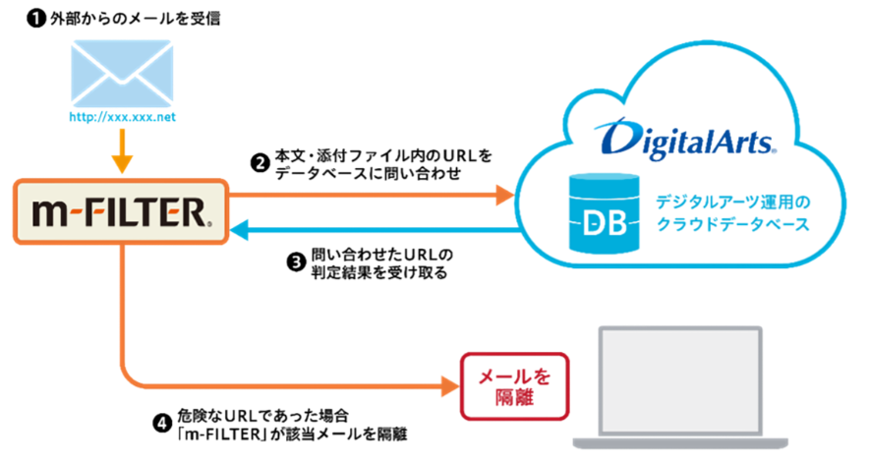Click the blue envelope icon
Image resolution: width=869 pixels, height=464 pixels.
point(122,73)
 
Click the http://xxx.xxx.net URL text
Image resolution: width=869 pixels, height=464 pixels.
point(122,117)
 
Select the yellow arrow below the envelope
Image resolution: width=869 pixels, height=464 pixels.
point(122,151)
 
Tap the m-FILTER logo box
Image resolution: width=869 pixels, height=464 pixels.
point(121,211)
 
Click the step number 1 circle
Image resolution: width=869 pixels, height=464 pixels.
point(36,20)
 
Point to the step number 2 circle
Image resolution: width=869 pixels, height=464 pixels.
point(260,163)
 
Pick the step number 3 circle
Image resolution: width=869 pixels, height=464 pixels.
point(297,262)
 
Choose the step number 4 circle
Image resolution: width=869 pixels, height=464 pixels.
point(162,424)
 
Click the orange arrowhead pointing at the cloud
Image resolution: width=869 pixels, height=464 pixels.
point(505,195)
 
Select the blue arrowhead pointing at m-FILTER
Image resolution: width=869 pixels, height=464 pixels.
point(240,229)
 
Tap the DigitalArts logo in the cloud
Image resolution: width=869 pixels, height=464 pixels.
point(685,139)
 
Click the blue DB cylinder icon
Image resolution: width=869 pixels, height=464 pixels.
point(605,213)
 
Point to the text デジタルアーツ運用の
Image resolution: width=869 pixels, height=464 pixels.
point(732,203)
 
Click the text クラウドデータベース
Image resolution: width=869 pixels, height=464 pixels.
point(732,224)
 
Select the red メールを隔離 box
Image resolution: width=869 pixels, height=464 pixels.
point(515,386)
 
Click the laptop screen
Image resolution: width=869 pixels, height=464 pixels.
point(680,381)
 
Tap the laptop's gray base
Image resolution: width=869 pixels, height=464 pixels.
point(680,443)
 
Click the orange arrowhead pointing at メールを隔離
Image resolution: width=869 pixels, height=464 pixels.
point(450,385)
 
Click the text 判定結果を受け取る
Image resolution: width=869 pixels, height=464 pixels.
point(379,272)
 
